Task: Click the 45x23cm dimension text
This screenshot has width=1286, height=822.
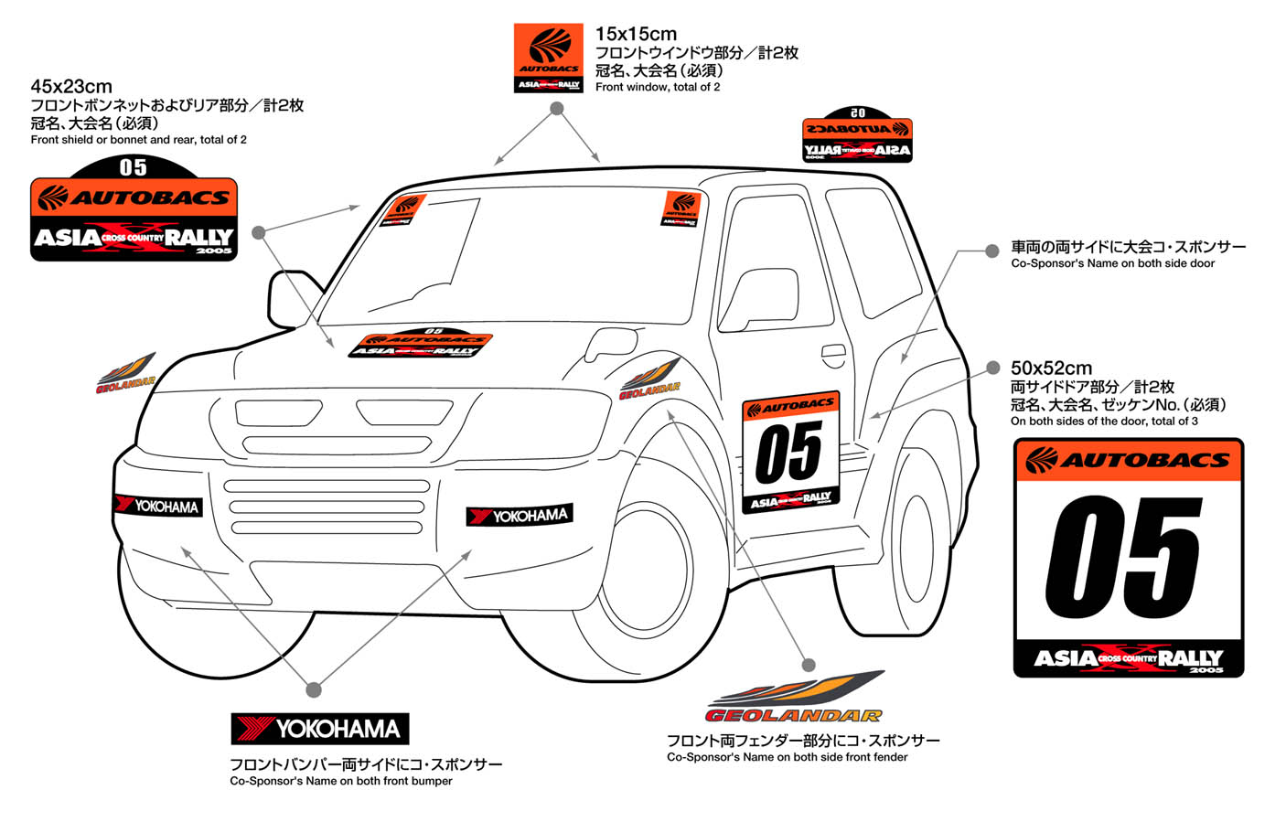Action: [71, 87]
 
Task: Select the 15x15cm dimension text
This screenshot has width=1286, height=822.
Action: [636, 34]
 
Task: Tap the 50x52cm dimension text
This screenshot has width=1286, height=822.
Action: [1051, 368]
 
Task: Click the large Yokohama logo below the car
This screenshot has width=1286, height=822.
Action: [319, 729]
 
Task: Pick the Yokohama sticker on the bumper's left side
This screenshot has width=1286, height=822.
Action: [157, 505]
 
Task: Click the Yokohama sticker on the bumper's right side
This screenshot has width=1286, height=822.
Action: [520, 516]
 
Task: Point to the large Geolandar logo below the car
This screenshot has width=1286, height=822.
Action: [794, 698]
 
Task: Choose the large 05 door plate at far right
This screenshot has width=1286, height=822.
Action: [1129, 558]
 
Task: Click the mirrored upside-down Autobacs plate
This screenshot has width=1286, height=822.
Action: [857, 135]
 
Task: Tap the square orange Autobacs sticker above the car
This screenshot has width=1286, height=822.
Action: [549, 58]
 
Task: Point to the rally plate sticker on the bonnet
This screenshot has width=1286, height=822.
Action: [420, 345]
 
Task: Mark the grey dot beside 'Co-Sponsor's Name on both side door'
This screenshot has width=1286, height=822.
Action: [992, 251]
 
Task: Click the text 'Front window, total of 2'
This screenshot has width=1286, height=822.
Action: [658, 87]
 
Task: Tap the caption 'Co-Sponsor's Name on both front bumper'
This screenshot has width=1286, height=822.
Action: [341, 781]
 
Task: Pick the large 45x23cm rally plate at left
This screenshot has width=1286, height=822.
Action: [134, 209]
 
